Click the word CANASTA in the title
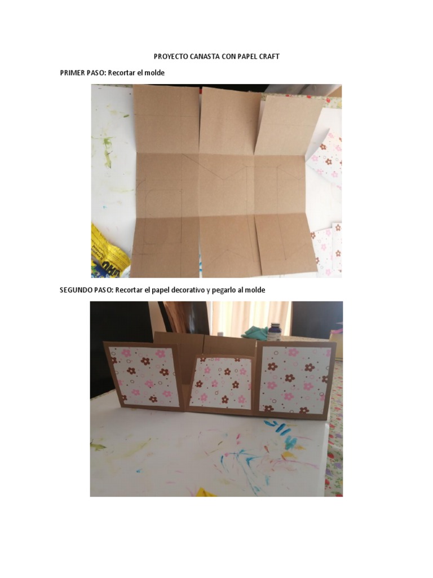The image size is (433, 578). pos(201,56)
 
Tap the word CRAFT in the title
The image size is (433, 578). pos(270,56)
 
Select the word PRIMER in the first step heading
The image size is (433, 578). pos(72,73)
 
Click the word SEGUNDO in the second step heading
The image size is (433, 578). pos(76,290)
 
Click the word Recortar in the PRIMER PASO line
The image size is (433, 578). pos(121,73)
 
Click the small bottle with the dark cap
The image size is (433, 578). pos(274,332)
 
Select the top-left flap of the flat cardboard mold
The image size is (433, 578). pos(167,119)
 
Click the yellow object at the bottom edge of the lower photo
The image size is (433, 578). pos(207,492)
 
